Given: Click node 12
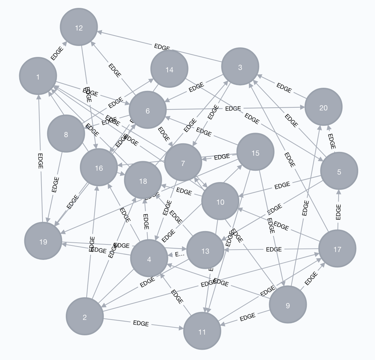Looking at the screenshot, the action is (79, 27).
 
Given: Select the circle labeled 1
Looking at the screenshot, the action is (38, 76).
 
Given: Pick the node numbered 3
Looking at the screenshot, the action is (240, 67).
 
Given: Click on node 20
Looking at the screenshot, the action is (323, 107).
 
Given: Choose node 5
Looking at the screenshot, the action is (339, 171).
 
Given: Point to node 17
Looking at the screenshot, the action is (337, 249).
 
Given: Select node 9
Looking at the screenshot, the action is (288, 304).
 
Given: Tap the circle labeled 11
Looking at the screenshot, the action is (202, 331).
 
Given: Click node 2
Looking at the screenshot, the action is (85, 316).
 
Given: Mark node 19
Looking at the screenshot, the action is (43, 241).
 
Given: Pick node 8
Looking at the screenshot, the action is (66, 134).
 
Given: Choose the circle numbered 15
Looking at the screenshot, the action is (255, 152).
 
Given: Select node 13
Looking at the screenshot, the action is (205, 251).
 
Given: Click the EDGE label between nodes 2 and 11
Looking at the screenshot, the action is (141, 323).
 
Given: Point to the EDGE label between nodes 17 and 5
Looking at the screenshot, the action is (338, 212).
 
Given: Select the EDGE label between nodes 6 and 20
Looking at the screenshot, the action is (233, 109).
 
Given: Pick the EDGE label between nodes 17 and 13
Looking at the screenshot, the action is (274, 249).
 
